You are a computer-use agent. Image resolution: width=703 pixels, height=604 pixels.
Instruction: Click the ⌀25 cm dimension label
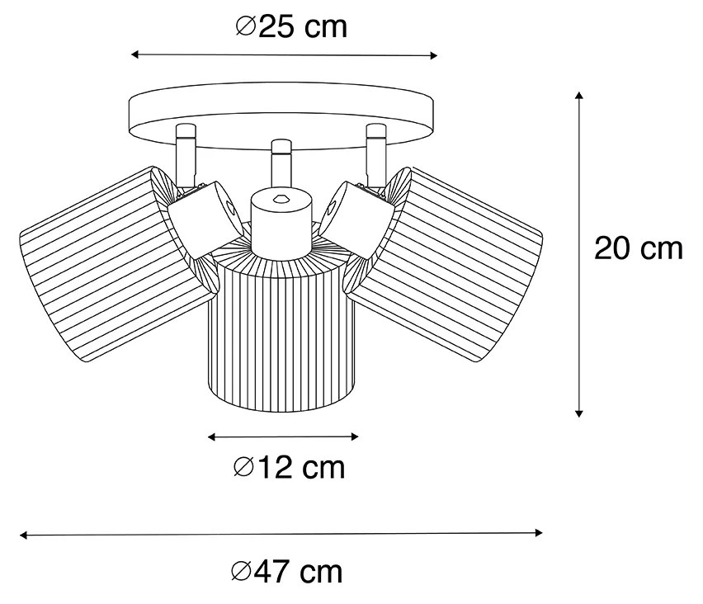click(291, 27)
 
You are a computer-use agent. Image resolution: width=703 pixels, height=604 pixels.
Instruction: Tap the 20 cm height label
click(639, 248)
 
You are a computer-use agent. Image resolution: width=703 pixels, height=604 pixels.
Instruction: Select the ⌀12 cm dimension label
click(290, 468)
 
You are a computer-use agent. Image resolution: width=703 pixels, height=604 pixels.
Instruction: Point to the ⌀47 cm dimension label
click(287, 572)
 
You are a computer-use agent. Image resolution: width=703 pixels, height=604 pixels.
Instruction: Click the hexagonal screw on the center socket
click(281, 197)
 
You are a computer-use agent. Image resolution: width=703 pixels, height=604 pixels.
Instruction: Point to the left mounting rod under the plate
click(186, 155)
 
